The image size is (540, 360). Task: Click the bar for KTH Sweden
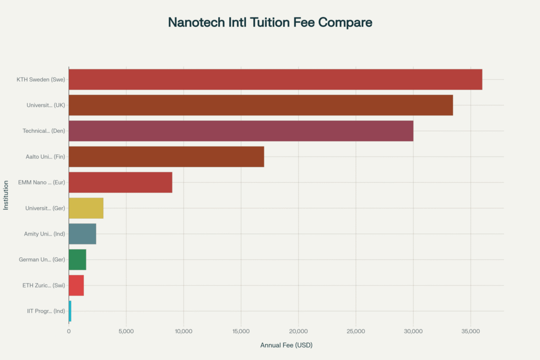[275, 79]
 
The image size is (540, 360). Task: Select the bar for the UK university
[261, 105]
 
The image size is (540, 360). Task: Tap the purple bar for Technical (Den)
[241, 131]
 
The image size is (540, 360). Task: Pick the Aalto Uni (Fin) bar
[166, 157]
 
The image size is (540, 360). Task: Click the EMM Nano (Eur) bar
[120, 182]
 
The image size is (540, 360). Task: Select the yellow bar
[86, 208]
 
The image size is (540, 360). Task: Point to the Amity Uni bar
[82, 233]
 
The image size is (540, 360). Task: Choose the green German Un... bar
[77, 259]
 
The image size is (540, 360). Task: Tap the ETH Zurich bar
[76, 285]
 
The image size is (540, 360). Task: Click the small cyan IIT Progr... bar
[70, 311]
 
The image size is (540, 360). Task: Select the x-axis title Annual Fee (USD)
[286, 345]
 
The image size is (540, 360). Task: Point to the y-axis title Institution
[6, 195]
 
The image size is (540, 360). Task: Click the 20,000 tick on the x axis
[298, 331]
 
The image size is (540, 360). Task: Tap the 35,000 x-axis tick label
[470, 331]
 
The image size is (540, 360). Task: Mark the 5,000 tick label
[126, 331]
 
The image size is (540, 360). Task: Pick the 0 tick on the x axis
[69, 331]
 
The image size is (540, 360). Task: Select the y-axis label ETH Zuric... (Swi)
[45, 285]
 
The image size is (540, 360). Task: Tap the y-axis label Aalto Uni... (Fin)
[45, 157]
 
